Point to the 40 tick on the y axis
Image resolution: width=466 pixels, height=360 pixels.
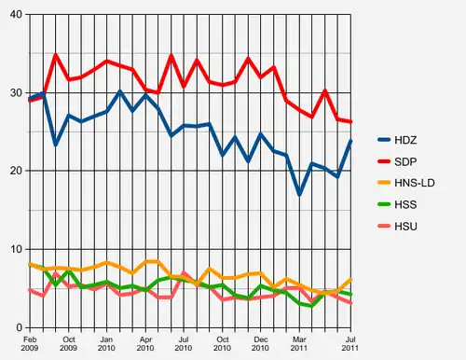[15, 14]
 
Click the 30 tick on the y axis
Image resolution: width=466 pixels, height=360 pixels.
[15, 92]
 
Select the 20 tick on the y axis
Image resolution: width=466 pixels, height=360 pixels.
[15, 171]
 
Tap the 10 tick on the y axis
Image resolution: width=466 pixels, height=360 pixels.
[15, 249]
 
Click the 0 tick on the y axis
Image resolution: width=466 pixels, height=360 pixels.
[19, 327]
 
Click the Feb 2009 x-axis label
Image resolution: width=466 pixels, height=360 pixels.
[31, 342]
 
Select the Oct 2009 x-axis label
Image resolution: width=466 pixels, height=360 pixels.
[68, 342]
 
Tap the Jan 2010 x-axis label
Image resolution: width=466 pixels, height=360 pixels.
[107, 342]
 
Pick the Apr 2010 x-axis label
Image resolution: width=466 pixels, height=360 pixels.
[145, 342]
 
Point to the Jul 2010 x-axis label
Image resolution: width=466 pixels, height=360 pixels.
[184, 342]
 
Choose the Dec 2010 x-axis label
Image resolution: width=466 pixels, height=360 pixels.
[261, 342]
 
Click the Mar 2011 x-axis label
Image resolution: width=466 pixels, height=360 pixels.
[299, 342]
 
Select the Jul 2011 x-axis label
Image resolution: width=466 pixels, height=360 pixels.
[350, 342]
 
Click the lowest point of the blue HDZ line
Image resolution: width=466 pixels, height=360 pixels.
[299, 194]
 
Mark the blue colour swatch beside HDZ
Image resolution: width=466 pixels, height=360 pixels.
[384, 139]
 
